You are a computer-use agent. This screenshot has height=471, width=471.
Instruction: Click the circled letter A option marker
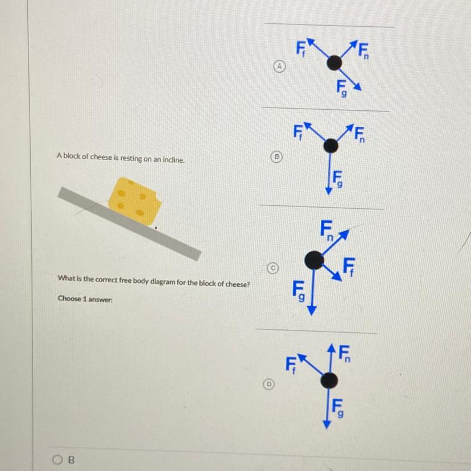[x=279, y=66]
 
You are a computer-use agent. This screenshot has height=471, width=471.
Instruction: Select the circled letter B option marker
[x=277, y=156]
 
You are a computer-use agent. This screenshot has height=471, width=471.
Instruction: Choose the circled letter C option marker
[x=273, y=268]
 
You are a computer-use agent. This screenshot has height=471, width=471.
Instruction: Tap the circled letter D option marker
[x=269, y=383]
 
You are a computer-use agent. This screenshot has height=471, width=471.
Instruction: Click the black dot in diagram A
[x=334, y=63]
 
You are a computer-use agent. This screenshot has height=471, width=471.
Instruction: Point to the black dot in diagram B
[x=330, y=146]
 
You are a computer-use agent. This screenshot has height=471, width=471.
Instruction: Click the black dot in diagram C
[x=314, y=260]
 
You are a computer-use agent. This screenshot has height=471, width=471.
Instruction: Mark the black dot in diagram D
[x=329, y=381]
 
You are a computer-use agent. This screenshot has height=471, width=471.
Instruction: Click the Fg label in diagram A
[x=341, y=88]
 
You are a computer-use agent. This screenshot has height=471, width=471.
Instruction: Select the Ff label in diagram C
[x=349, y=266]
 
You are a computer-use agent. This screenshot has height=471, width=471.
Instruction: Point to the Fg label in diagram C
[x=299, y=291]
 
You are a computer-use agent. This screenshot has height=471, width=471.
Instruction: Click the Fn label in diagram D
[x=345, y=354]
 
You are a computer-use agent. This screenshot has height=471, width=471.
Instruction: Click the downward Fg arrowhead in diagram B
[x=328, y=191]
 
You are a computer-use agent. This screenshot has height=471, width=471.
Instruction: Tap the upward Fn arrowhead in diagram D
[x=331, y=348]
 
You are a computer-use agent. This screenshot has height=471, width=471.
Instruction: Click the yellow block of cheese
[x=135, y=201]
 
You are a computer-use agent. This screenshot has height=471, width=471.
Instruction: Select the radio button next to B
[x=56, y=460]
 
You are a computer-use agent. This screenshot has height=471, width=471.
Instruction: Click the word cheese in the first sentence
[x=101, y=158]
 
